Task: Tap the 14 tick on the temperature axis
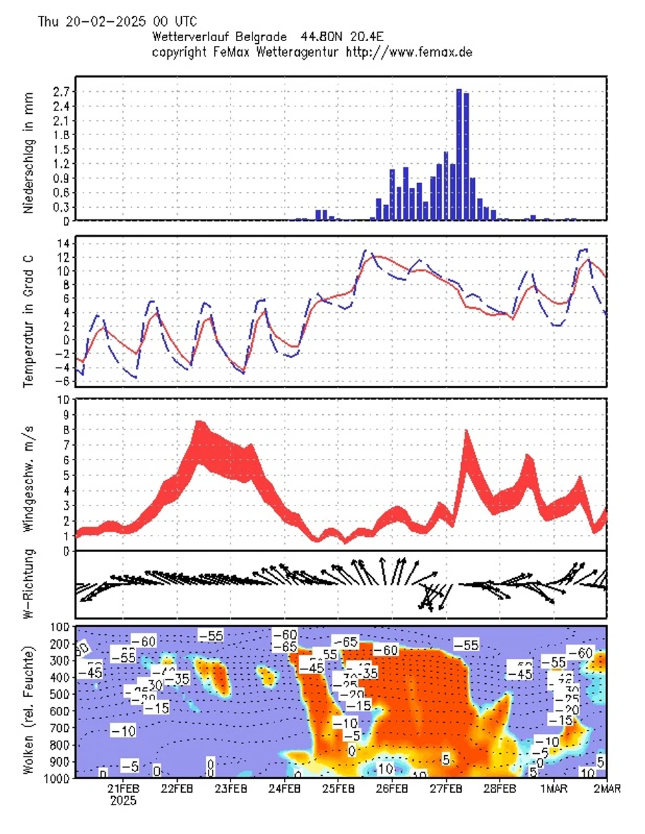pos(62,243)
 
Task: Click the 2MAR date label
pos(607,789)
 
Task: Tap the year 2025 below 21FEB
pos(124,800)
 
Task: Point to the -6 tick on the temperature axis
pos(60,381)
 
